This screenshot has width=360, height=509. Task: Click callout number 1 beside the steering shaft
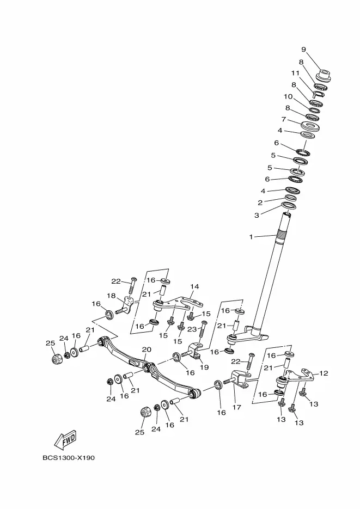251,237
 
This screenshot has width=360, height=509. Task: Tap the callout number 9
303,50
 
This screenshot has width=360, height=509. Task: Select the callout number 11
295,73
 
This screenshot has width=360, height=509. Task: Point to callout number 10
288,96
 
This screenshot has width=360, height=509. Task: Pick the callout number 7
283,119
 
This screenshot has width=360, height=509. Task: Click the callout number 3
257,216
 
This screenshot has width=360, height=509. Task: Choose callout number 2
260,203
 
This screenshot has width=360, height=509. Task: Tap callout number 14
194,287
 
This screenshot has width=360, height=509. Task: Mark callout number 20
146,349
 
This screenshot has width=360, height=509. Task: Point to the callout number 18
111,296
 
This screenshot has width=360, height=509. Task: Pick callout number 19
204,367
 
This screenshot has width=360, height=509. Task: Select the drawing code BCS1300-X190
69,458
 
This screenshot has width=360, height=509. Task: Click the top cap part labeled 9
324,73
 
